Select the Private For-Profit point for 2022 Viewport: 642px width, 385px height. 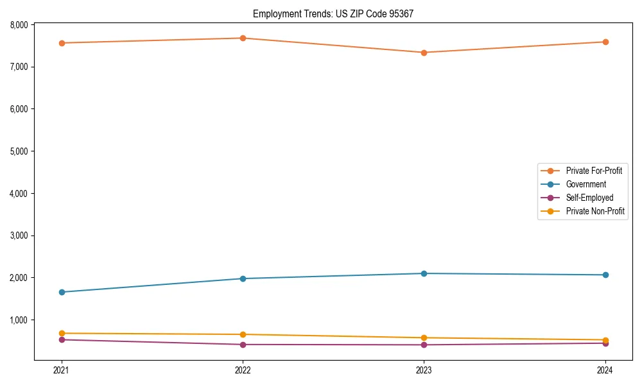[x=243, y=38]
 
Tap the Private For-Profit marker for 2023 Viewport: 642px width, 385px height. [x=424, y=53]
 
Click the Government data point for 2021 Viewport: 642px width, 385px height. [x=62, y=292]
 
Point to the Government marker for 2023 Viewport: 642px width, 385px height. [x=424, y=273]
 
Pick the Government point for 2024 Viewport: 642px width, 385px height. [x=605, y=275]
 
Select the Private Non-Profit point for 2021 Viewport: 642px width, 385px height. [x=62, y=333]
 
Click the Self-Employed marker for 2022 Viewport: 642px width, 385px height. [x=243, y=345]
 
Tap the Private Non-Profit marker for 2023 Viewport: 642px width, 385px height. [x=424, y=338]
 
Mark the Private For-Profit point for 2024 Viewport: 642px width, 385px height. [x=605, y=42]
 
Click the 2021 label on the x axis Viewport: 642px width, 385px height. [x=62, y=370]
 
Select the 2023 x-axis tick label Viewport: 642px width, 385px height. [x=424, y=370]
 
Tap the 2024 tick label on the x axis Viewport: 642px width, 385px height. [x=605, y=370]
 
